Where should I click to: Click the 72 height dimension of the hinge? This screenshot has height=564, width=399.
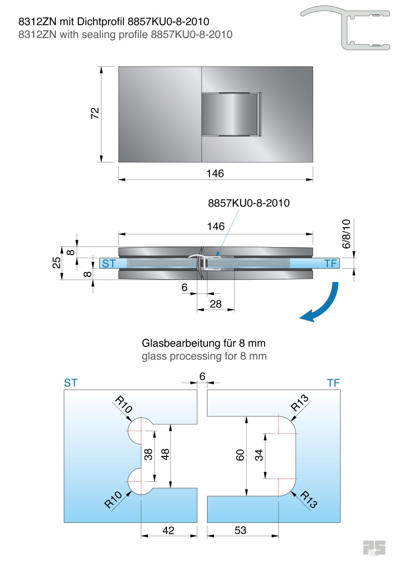tap(95, 113)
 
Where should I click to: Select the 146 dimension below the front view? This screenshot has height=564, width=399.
tap(215, 173)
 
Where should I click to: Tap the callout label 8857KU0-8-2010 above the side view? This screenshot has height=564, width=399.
tap(249, 203)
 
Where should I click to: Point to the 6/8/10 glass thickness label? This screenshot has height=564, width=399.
tap(346, 234)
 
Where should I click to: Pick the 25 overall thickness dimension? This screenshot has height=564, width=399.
tap(56, 262)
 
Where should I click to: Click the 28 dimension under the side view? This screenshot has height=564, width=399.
tap(215, 304)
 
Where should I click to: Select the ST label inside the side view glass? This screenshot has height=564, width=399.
tap(109, 264)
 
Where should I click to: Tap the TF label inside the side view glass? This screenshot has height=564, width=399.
tap(330, 264)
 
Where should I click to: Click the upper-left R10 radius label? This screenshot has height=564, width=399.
tap(123, 404)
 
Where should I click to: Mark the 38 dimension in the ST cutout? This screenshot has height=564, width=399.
tap(148, 454)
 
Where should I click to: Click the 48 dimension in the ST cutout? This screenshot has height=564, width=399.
tap(165, 454)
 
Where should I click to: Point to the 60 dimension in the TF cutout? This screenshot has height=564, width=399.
tap(240, 455)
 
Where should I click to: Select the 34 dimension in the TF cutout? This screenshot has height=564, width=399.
tap(259, 455)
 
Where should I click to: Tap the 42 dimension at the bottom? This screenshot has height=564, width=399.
tap(168, 530)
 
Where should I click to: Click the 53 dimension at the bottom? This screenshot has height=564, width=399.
tap(240, 530)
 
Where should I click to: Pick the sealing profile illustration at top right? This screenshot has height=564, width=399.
tap(346, 28)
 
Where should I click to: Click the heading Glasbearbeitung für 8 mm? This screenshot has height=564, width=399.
tap(204, 343)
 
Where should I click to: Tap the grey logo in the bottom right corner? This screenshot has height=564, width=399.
tap(374, 548)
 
